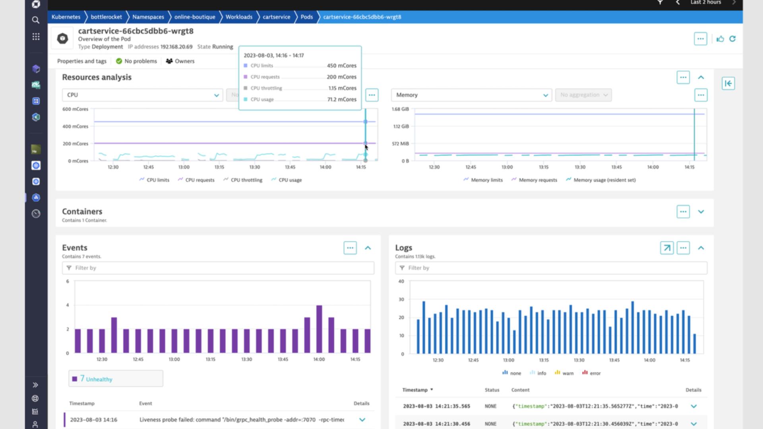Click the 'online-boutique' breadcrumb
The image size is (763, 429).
pyautogui.click(x=194, y=17)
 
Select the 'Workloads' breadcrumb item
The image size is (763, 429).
pyautogui.click(x=239, y=17)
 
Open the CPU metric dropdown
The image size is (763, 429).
pyautogui.click(x=142, y=95)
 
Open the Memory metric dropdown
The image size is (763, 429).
pyautogui.click(x=471, y=95)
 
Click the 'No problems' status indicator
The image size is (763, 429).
pyautogui.click(x=136, y=61)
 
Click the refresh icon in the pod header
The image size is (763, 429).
pyautogui.click(x=732, y=39)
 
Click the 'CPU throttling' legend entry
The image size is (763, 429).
pyautogui.click(x=246, y=180)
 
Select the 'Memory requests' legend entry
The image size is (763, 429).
pyautogui.click(x=537, y=180)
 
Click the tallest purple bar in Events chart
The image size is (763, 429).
pyautogui.click(x=319, y=329)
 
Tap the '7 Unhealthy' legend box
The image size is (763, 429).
pyautogui.click(x=116, y=379)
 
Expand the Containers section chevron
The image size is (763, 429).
pyautogui.click(x=701, y=212)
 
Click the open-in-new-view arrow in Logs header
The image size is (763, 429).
pyautogui.click(x=666, y=248)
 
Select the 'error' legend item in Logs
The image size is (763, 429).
pyautogui.click(x=595, y=373)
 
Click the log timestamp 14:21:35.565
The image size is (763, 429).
pyautogui.click(x=436, y=406)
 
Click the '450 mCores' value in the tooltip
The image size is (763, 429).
pyautogui.click(x=341, y=66)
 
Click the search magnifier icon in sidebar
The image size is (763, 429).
pyautogui.click(x=36, y=20)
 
